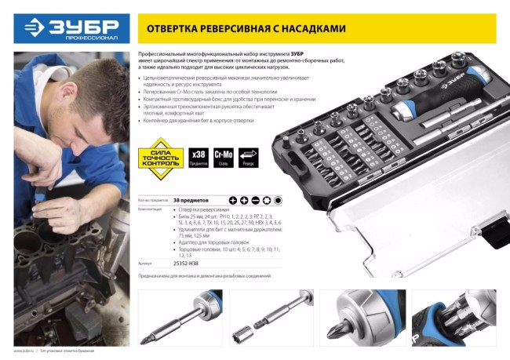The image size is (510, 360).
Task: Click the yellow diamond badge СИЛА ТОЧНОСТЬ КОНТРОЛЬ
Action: [160, 158]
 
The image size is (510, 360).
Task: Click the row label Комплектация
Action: [151, 210]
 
